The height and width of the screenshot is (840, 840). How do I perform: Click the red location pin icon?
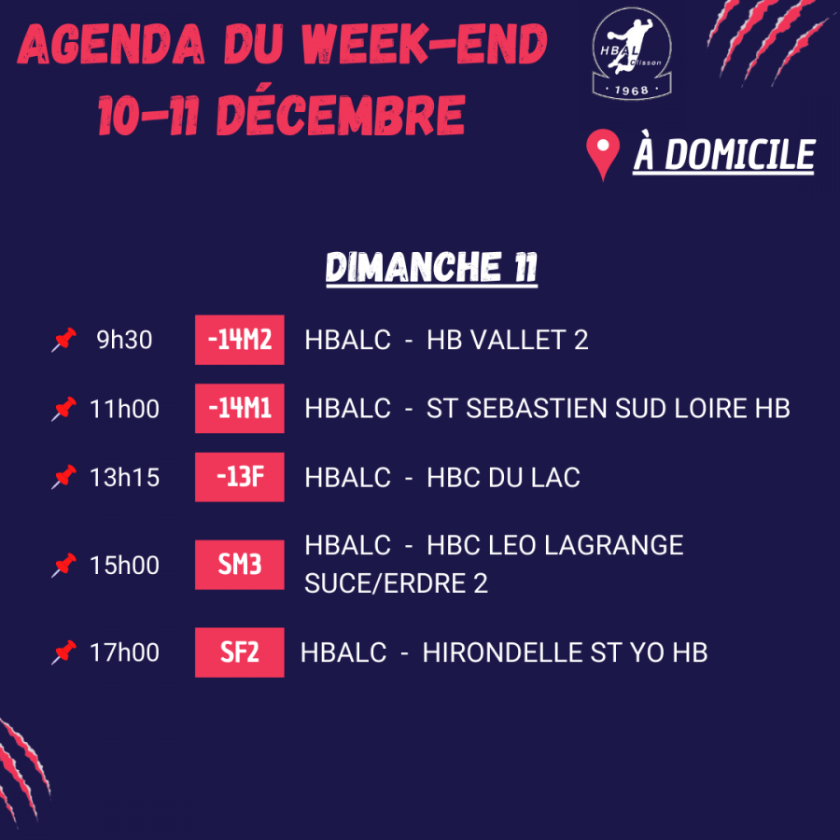point(604,155)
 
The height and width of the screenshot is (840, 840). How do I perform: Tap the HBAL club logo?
point(635,54)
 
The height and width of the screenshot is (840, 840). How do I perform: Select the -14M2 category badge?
point(239,340)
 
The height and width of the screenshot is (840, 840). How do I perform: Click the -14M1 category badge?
point(239,409)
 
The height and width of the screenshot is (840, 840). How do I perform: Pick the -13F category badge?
point(239,478)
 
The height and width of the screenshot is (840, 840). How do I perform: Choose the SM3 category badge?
point(239,565)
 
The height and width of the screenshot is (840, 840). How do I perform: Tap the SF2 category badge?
point(239,652)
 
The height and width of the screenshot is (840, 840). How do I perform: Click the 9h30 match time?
point(124,341)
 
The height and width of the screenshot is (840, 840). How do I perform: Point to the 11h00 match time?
point(124,409)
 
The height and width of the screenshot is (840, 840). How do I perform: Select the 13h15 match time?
point(124,478)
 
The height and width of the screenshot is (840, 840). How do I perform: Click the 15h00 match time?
point(124,566)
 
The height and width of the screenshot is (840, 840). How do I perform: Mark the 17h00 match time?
point(124,652)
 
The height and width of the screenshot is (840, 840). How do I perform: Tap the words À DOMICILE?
point(723,155)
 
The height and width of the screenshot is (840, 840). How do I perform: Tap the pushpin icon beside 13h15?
point(63,478)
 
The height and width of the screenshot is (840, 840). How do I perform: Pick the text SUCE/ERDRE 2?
point(396,584)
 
